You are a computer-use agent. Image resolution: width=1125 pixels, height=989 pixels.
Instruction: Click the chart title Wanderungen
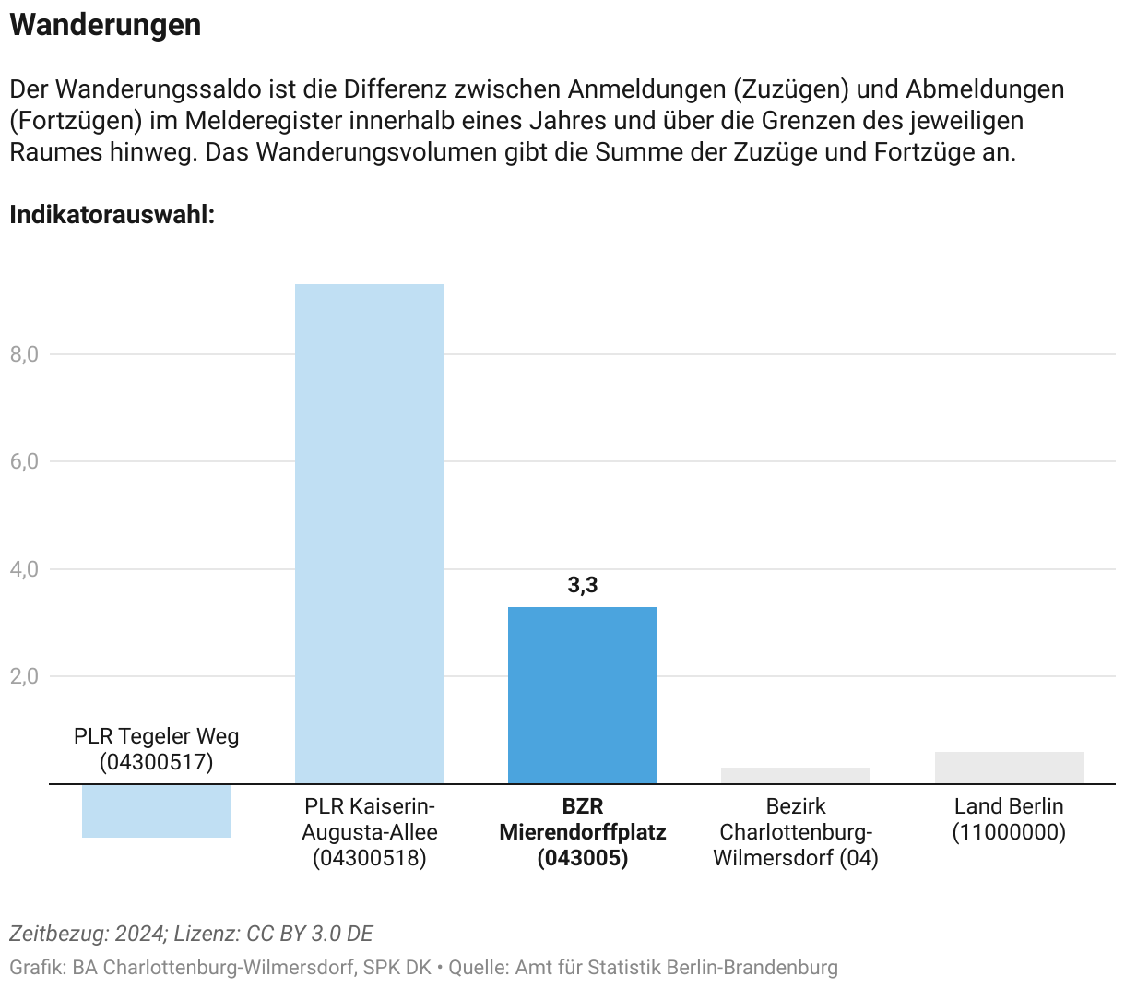click(x=105, y=25)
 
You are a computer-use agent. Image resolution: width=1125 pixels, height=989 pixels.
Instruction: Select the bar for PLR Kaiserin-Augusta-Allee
click(x=370, y=533)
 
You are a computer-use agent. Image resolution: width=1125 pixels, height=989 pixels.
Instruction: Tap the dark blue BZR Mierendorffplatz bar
click(x=583, y=695)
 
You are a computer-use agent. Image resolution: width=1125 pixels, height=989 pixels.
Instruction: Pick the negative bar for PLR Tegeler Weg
click(x=157, y=811)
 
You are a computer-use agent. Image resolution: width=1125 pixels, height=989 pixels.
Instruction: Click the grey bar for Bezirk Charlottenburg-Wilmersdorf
click(x=796, y=776)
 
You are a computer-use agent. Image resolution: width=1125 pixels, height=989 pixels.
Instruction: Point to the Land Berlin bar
click(x=1009, y=768)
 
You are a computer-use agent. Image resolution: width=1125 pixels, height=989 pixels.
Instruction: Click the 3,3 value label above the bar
click(x=583, y=585)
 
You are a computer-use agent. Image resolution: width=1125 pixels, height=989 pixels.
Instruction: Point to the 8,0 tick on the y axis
click(x=25, y=354)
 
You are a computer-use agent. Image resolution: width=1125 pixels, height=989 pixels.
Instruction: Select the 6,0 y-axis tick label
click(x=25, y=461)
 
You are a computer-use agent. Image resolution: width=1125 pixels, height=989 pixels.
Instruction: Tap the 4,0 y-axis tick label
click(x=25, y=569)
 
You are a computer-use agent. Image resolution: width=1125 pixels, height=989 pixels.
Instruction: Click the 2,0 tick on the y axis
click(x=25, y=676)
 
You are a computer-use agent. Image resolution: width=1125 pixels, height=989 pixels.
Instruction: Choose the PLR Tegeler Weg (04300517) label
click(x=157, y=749)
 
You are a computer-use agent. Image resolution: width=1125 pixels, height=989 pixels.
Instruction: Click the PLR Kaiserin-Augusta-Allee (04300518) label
click(x=370, y=832)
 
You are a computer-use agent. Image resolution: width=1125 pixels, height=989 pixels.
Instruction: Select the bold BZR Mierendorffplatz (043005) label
click(x=583, y=832)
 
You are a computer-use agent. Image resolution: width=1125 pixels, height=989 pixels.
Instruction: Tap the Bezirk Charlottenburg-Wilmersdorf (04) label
click(x=796, y=832)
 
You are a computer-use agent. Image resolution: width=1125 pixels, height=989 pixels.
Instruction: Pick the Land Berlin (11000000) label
click(x=1009, y=819)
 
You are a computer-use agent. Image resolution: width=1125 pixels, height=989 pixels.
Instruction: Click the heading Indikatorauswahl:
click(x=112, y=215)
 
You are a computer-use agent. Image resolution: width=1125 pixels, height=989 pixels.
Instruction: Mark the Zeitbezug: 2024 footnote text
click(x=88, y=934)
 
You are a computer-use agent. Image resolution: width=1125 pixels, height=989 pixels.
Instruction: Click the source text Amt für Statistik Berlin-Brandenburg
click(x=676, y=968)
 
